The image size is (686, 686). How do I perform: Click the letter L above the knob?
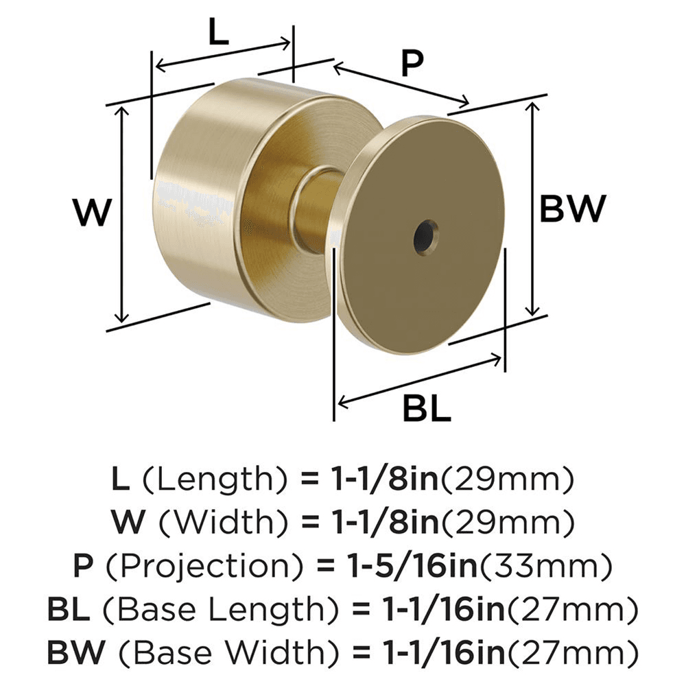tap(218, 32)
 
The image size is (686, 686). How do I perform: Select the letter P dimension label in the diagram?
tap(411, 64)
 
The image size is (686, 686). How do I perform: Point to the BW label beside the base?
tap(573, 209)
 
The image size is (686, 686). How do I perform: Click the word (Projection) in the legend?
tap(198, 567)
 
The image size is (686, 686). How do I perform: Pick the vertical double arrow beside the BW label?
tap(533, 209)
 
